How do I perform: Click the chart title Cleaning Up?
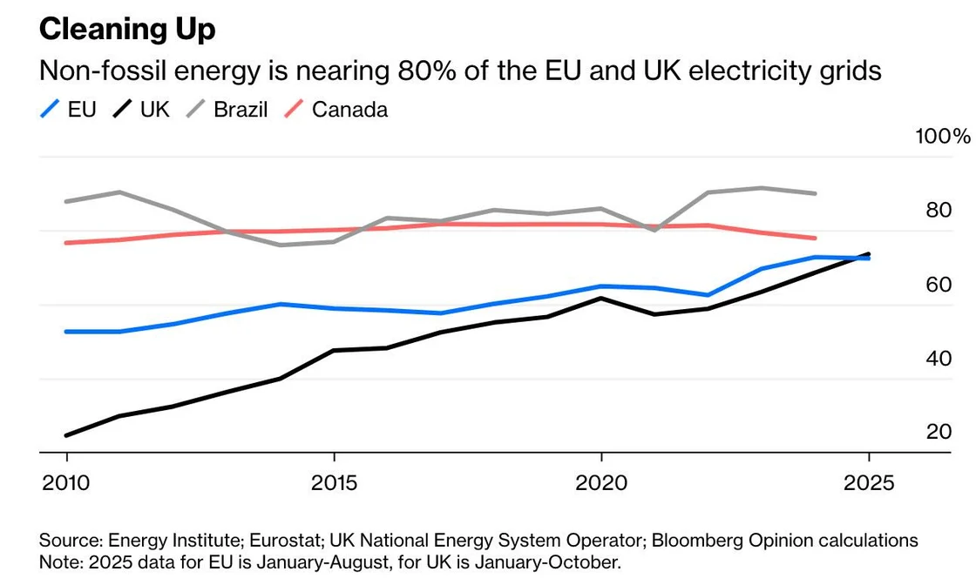pos(127,30)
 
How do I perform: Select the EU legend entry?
pos(80,110)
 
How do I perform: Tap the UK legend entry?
pos(154,110)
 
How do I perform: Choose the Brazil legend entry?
pos(240,110)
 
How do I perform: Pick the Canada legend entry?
pos(349,110)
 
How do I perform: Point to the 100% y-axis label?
pos(941,137)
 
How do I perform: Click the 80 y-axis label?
pos(938,211)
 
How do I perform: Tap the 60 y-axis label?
pos(938,285)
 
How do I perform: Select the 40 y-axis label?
pos(938,359)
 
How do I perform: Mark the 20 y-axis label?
pos(938,432)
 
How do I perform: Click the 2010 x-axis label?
pos(67,482)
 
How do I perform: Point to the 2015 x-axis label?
pos(335,482)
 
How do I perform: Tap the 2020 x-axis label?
pos(601,482)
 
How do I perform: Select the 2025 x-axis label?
pos(868,482)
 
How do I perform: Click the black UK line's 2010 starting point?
pos(67,434)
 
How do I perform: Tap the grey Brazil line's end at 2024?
pos(815,193)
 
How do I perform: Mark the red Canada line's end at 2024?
pos(815,238)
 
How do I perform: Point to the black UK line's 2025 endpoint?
pos(868,254)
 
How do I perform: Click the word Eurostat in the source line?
pos(265,541)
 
